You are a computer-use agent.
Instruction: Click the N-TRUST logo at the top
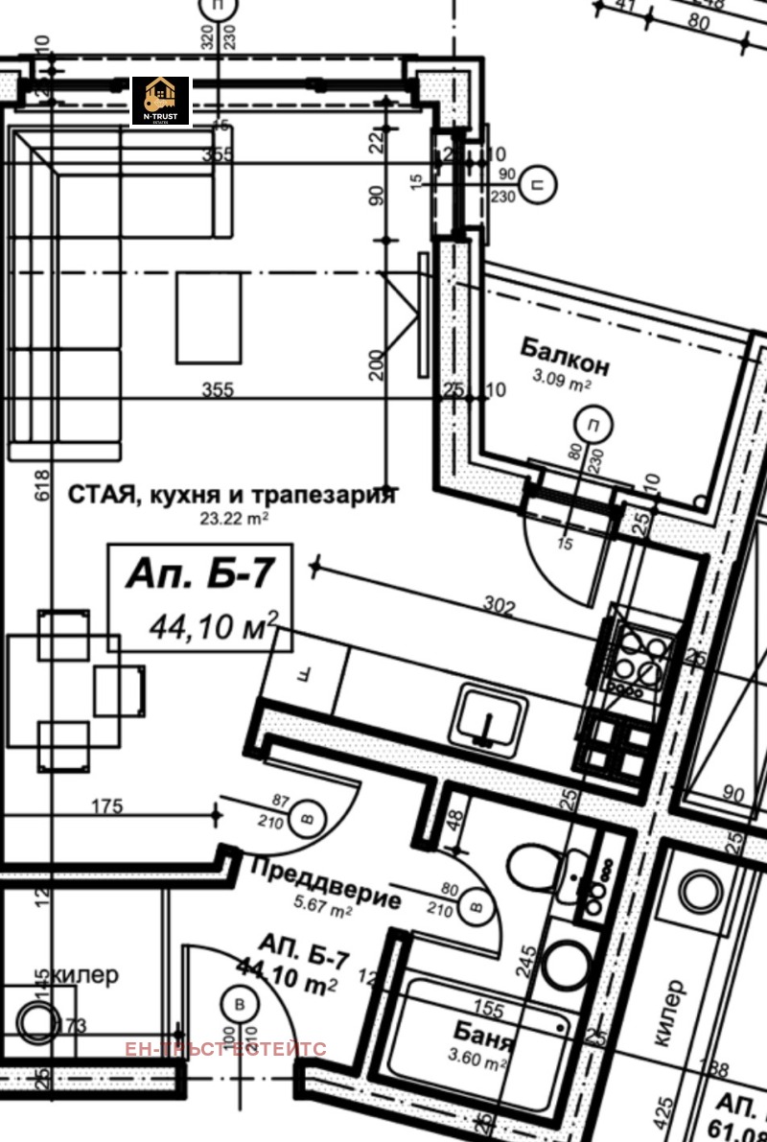coord(160,101)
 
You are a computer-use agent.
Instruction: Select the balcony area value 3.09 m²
coord(562,382)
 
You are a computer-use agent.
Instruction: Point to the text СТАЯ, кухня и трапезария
coord(231,495)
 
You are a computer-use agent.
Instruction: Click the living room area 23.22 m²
coord(233,518)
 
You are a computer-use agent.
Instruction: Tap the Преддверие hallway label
coord(325,882)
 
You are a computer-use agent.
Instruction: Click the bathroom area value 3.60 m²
coord(478,1063)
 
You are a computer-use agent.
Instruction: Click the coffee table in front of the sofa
coord(208,316)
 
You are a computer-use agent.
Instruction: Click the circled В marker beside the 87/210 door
coord(308,817)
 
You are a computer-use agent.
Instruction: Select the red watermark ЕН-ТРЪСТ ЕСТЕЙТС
coord(225,1049)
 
